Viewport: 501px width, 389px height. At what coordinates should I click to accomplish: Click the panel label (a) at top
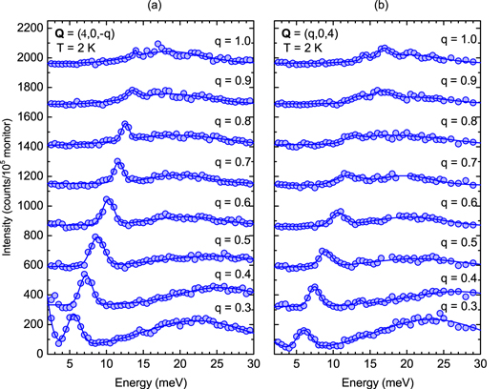153,7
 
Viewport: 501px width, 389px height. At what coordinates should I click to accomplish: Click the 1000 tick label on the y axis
29,206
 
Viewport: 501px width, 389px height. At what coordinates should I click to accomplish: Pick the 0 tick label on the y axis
38,355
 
